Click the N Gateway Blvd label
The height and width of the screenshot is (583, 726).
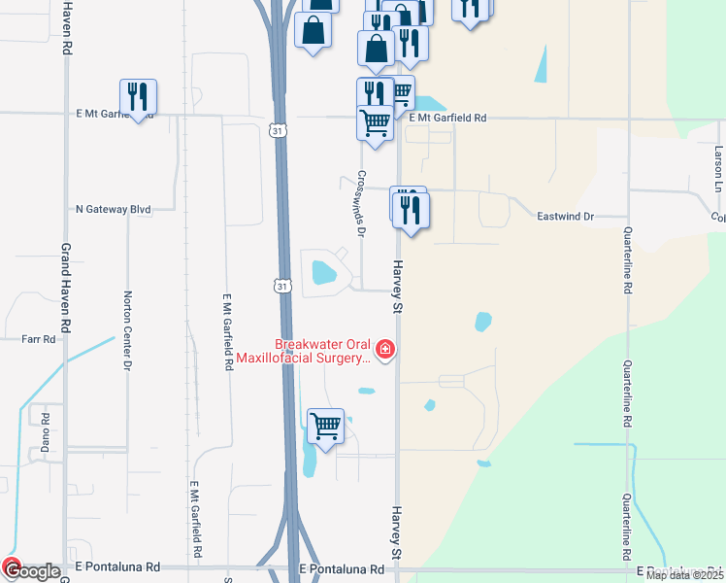114,209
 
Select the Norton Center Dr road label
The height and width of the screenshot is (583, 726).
126,331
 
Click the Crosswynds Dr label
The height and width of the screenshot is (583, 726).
360,204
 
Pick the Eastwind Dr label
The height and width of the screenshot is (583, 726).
565,217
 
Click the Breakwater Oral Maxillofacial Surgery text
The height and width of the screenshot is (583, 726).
324,351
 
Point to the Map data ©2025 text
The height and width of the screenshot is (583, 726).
684,575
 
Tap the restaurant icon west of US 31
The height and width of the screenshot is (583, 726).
138,97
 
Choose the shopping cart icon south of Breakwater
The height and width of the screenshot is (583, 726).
325,426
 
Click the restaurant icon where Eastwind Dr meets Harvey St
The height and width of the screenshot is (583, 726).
411,209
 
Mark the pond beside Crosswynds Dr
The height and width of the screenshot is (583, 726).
321,271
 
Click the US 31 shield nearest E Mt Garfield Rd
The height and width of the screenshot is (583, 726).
278,131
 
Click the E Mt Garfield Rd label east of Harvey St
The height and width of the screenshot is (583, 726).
446,118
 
